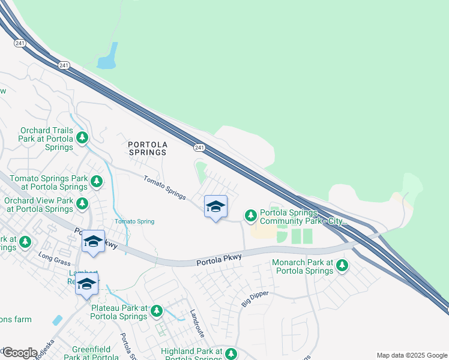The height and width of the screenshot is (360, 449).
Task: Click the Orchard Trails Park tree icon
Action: coord(82,139)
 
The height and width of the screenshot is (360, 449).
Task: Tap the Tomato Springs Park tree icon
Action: coord(95,180)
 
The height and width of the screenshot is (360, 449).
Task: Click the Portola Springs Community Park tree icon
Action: coord(251,215)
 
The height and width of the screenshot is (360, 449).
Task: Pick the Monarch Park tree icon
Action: coord(342,265)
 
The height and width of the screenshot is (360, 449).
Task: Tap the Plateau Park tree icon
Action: coord(157,310)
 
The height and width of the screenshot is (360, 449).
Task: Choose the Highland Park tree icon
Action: coord(230,353)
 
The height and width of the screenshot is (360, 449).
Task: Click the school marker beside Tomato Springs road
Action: coord(215,207)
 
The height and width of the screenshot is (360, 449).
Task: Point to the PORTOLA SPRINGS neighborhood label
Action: coord(147,148)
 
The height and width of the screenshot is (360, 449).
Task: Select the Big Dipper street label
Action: coord(255,299)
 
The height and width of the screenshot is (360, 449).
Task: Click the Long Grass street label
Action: coord(54,257)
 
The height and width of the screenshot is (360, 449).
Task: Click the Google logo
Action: coord(20,352)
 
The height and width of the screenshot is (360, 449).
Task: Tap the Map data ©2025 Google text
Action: coord(411,355)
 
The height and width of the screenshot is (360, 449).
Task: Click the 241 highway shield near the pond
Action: coord(64,65)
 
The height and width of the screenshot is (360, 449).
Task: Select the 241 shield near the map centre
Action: coord(199,147)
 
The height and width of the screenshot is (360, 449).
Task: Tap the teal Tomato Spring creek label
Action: coord(134,221)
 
